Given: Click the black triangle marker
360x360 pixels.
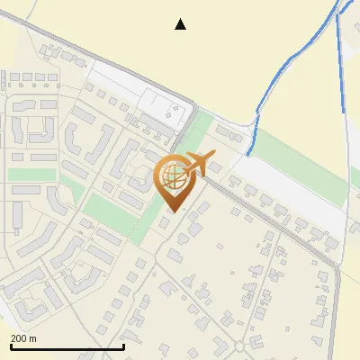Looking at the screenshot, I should (180, 24).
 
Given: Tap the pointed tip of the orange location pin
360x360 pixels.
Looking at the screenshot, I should (172, 211).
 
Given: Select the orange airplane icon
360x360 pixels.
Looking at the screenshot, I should (199, 165).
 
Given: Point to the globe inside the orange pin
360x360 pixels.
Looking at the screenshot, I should (172, 176).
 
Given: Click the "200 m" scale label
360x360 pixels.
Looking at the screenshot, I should (23, 339).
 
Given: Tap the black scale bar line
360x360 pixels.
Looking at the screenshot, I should (67, 346).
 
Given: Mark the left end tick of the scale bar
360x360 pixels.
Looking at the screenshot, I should (10, 346).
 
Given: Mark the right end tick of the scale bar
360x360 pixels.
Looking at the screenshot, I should (123, 346).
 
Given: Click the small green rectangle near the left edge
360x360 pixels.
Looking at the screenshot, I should (25, 174).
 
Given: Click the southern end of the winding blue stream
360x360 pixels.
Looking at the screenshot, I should (248, 155).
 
